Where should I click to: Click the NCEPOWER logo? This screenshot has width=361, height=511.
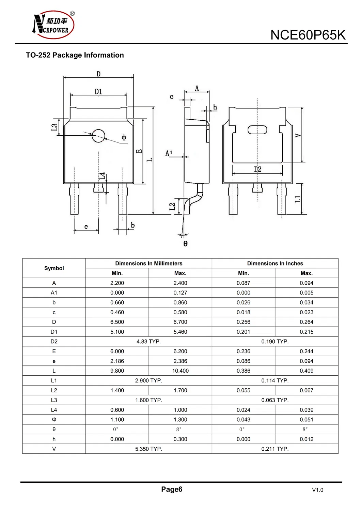point(53,25)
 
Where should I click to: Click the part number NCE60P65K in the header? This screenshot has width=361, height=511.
point(308,35)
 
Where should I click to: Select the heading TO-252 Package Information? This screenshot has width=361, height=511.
point(75,55)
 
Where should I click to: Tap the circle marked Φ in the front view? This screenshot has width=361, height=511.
point(98,136)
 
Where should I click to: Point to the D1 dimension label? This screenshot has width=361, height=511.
point(98,91)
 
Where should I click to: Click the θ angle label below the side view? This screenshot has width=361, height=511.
point(185,243)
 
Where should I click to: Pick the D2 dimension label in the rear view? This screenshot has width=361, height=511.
point(257,169)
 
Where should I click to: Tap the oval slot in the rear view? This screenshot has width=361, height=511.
point(257,130)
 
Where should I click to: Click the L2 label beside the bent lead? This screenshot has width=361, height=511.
point(172,207)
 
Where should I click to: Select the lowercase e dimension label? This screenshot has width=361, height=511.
point(86,227)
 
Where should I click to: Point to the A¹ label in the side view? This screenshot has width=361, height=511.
point(169,153)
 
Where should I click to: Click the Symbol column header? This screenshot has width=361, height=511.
point(54,268)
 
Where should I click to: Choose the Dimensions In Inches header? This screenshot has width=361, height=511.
point(275,264)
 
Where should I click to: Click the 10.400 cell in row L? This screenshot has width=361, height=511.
point(180,371)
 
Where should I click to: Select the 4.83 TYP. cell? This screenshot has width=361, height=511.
point(148,342)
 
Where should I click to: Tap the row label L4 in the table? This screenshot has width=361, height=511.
point(54,410)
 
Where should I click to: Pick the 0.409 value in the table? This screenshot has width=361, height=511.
point(307,371)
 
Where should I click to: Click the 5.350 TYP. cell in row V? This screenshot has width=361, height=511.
point(148,449)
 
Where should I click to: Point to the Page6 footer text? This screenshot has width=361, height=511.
point(172,490)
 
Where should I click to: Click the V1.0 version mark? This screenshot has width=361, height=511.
point(317,490)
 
